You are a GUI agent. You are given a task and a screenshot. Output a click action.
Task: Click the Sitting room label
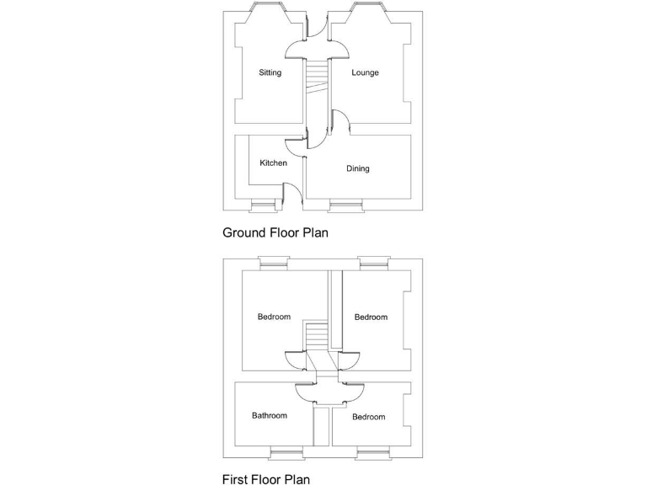click(270, 73)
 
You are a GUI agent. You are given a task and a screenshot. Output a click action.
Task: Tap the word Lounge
click(365, 73)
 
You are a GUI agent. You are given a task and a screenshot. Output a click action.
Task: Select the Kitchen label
click(273, 163)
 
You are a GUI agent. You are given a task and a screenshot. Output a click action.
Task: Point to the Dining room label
click(358, 169)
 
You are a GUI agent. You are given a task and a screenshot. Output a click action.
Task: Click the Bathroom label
click(270, 416)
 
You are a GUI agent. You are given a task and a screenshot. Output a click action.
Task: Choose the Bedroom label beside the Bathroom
click(368, 418)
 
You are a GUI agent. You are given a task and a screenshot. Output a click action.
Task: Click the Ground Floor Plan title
click(275, 232)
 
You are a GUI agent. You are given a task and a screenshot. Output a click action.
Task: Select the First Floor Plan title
click(265, 479)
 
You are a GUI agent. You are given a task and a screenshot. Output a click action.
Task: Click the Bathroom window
click(285, 455)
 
